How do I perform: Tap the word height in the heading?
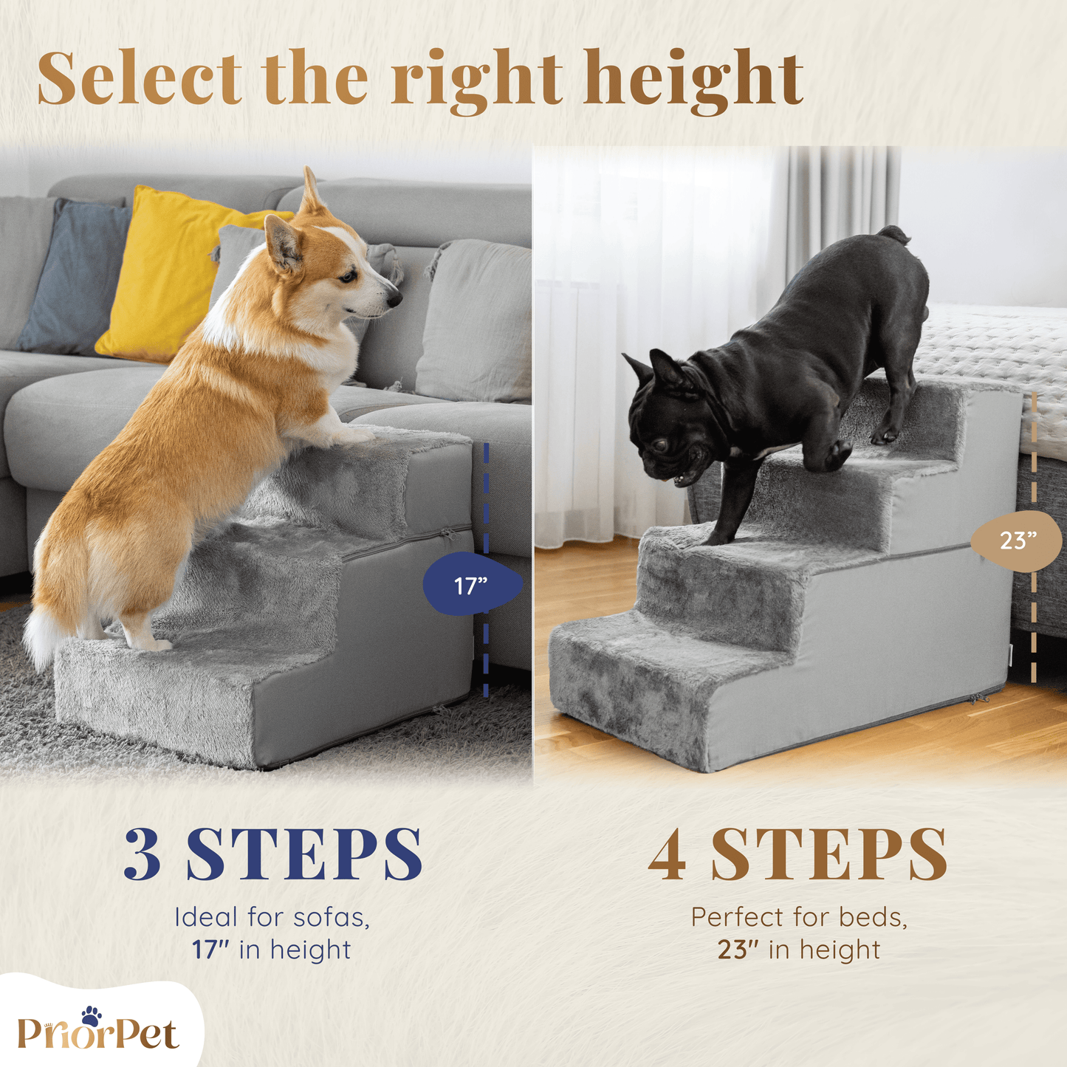pyautogui.click(x=692, y=82)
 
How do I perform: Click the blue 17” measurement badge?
pyautogui.click(x=473, y=584)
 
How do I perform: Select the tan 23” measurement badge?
pyautogui.click(x=1016, y=540)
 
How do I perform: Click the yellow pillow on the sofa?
pyautogui.click(x=177, y=271)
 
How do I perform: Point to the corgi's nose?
pyautogui.click(x=395, y=299)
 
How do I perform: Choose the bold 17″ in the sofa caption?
pyautogui.click(x=210, y=950)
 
